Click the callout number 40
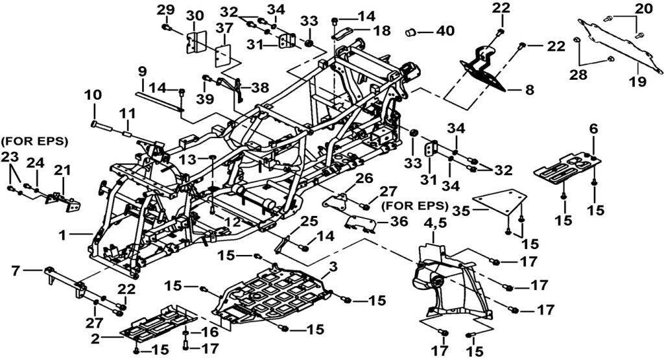pyautogui.click(x=445, y=30)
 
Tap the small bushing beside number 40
pyautogui.click(x=411, y=30)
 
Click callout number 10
pyautogui.click(x=93, y=95)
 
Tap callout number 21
pyautogui.click(x=62, y=170)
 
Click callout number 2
pyautogui.click(x=95, y=338)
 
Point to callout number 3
pyautogui.click(x=333, y=267)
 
